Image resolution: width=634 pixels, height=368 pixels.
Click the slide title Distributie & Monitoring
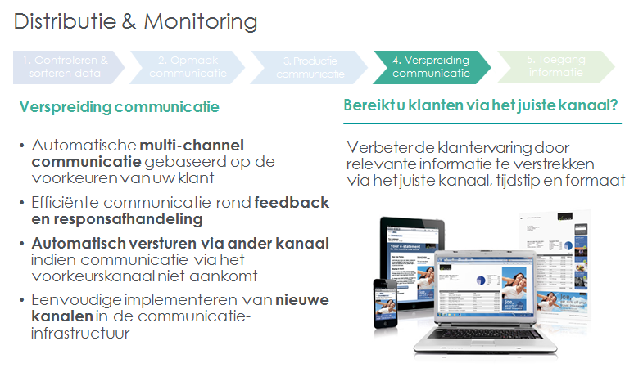(x=134, y=20)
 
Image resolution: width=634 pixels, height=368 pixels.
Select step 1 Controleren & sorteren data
(x=66, y=66)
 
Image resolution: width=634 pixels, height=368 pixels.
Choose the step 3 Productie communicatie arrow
(x=309, y=66)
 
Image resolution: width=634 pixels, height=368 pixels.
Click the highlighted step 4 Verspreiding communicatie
(x=431, y=66)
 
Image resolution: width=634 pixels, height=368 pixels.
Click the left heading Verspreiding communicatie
(x=119, y=107)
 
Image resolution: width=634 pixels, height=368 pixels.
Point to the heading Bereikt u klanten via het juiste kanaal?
(x=480, y=106)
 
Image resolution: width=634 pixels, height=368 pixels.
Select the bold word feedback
(x=292, y=202)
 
